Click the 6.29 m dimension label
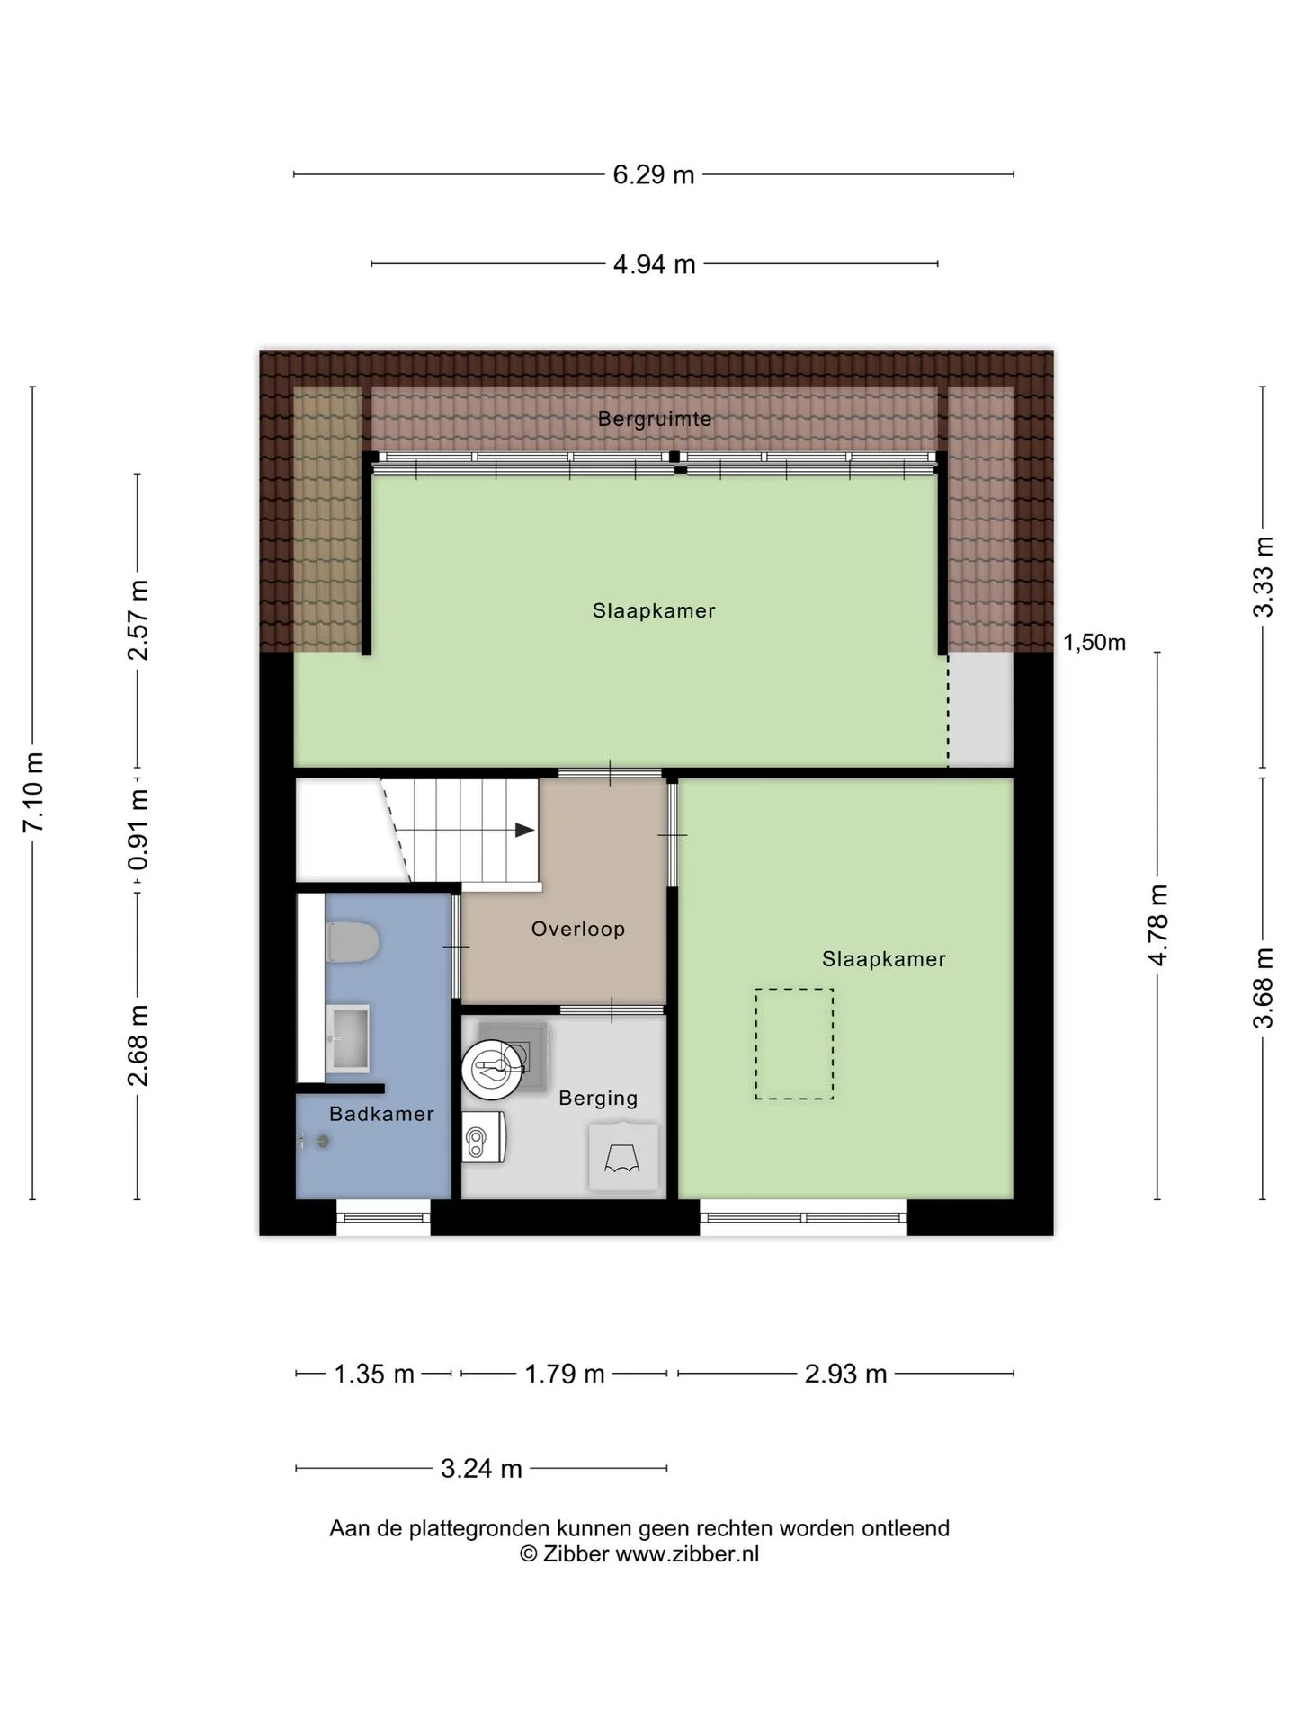point(654,174)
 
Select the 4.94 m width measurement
point(654,264)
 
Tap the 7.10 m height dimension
point(33,792)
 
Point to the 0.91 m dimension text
point(138,831)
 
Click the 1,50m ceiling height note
point(1094,642)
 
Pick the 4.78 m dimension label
point(1157,925)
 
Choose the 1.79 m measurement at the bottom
point(565,1374)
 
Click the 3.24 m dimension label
point(481,1468)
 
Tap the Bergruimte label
point(655,419)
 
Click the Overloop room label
point(578,929)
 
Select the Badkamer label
point(381,1114)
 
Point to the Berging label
point(598,1098)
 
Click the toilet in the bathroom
point(353,941)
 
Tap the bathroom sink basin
point(346,1038)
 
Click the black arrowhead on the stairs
point(524,831)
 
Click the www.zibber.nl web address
point(687,1554)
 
